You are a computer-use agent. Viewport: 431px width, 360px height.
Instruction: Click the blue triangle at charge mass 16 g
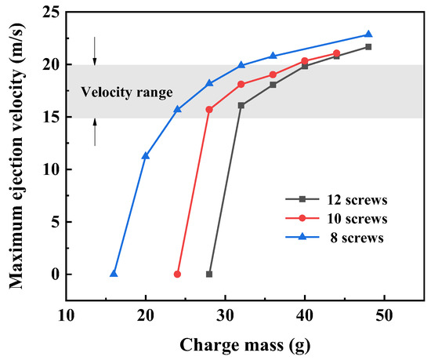point(114,274)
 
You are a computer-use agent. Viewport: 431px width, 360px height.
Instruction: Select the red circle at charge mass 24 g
point(177,274)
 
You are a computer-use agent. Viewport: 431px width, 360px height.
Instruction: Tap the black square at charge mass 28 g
point(209,274)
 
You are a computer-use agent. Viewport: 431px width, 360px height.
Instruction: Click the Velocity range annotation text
point(126,93)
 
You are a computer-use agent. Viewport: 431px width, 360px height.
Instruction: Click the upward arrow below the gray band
point(95,132)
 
